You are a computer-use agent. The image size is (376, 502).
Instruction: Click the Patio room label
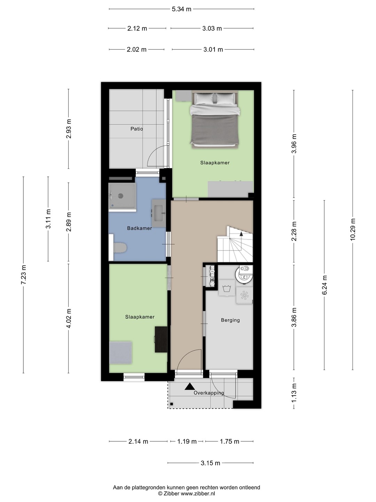[136, 129]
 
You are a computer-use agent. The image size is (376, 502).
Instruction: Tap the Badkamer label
[140, 228]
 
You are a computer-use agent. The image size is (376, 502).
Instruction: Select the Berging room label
[230, 320]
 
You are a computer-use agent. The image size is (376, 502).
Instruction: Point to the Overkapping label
[209, 393]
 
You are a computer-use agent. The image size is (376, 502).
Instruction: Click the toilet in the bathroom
[120, 248]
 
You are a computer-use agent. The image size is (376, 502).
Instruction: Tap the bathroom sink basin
[159, 213]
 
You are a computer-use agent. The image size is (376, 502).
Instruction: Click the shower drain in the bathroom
[121, 196]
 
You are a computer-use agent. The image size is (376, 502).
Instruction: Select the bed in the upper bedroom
[214, 119]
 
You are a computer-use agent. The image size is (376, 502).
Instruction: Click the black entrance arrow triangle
[190, 387]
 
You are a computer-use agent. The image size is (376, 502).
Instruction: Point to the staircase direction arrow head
[241, 234]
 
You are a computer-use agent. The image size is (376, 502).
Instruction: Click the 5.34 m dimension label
[181, 9]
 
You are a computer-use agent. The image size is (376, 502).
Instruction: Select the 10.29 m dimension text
[353, 229]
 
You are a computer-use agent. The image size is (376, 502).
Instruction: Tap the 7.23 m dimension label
[24, 275]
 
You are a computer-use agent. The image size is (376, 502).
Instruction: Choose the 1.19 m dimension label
[187, 441]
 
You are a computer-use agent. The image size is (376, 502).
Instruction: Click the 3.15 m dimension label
[211, 463]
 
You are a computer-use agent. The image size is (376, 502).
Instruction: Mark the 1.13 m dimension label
[294, 393]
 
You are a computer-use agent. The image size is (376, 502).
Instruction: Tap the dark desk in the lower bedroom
[161, 340]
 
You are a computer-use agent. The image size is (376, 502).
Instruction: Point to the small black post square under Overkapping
[172, 404]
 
